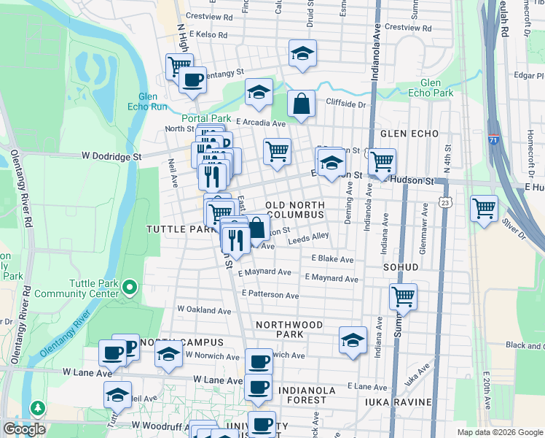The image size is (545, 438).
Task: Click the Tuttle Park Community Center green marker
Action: point(130,288)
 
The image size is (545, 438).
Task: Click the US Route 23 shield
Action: point(445,200)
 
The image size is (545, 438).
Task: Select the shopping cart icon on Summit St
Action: point(403,296)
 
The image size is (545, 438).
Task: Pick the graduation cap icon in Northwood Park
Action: point(353,340)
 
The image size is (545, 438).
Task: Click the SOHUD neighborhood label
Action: point(400,267)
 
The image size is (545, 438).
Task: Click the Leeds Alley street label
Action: point(308,238)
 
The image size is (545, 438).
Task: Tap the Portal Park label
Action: point(206,118)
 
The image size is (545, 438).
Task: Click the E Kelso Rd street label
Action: point(208,34)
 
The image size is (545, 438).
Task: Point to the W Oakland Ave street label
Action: point(203,310)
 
